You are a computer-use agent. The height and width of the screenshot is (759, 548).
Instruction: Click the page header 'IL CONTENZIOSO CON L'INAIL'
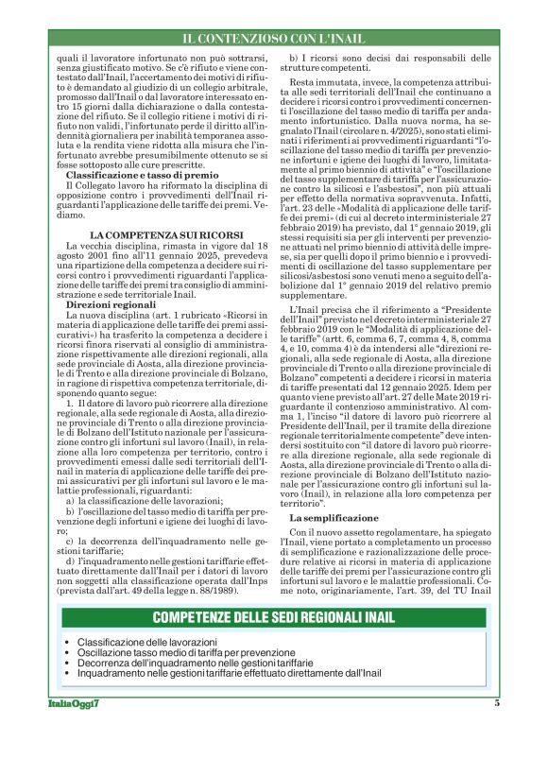[x=274, y=39]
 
